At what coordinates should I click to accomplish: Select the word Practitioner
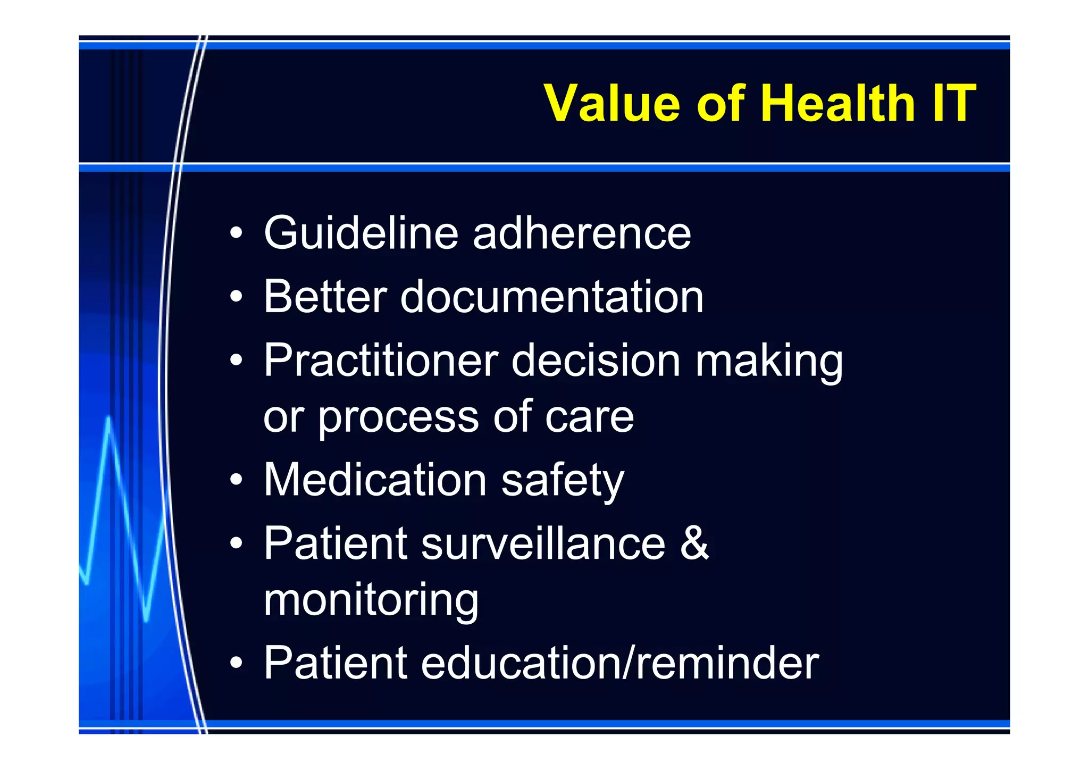(381, 361)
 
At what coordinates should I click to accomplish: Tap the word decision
(596, 361)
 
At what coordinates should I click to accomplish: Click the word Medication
(375, 480)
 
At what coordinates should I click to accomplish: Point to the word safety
(562, 481)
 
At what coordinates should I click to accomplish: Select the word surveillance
(543, 543)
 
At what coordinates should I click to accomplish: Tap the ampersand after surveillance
(694, 543)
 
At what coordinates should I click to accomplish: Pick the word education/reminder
(620, 663)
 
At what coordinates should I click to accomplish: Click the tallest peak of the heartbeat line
(108, 420)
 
